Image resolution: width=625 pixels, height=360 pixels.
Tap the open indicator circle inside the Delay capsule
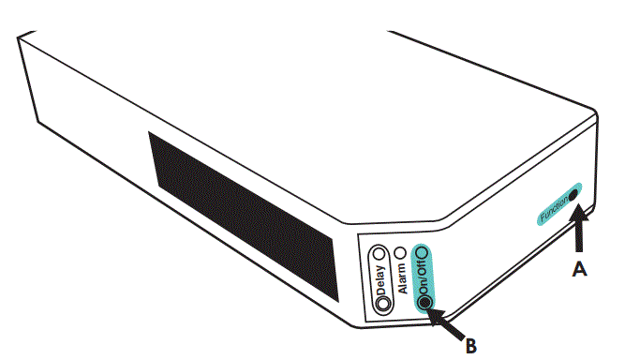tap(379, 254)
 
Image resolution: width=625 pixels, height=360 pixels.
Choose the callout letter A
tap(581, 269)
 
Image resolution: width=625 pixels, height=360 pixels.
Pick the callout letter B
tap(470, 346)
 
